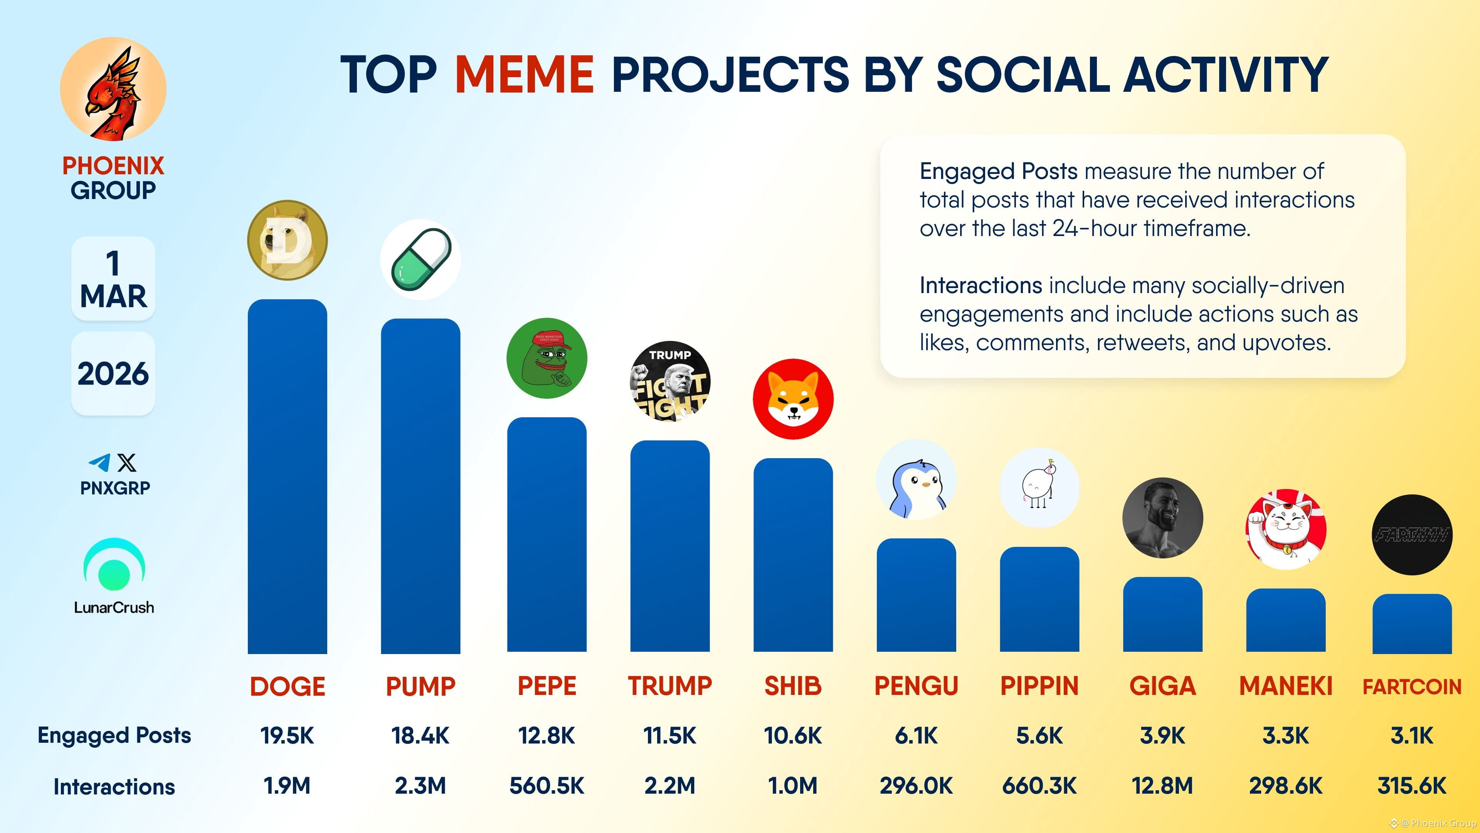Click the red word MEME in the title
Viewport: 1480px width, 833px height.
524,75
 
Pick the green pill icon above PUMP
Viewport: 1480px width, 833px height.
420,259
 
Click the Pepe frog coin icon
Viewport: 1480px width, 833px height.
547,358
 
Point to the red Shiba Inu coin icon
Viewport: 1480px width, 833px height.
793,399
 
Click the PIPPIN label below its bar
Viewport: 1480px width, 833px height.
1039,686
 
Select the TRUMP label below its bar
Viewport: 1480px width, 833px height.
669,686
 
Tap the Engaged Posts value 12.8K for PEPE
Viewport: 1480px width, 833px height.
547,735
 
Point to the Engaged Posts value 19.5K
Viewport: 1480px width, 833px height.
287,735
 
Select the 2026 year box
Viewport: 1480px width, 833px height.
113,374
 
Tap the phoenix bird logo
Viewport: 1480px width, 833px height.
113,89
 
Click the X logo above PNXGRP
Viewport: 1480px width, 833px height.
127,462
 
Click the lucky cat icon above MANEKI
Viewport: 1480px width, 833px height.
1286,529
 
